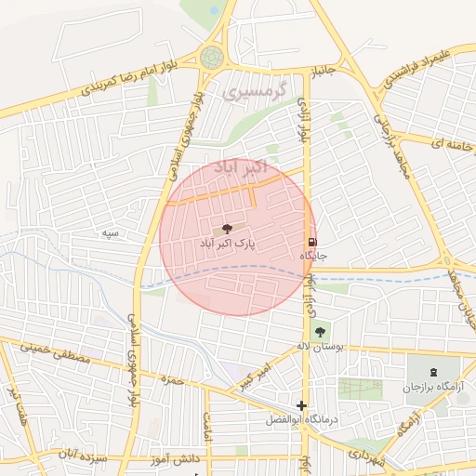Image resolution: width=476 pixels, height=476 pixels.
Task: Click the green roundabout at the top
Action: [x=212, y=57]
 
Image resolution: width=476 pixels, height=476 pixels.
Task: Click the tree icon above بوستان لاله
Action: [x=320, y=331]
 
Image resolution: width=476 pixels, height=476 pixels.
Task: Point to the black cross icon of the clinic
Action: [x=301, y=405]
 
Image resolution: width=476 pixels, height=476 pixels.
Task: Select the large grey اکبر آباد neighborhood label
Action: [x=240, y=167]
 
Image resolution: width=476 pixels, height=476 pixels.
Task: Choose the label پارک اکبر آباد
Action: [x=227, y=243]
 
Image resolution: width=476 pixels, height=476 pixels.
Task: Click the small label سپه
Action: [x=112, y=233]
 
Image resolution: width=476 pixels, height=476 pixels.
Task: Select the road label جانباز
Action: [x=321, y=71]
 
